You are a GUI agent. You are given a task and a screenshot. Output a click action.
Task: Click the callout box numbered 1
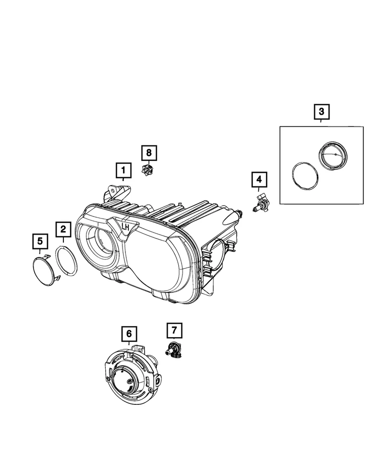pyautogui.click(x=123, y=170)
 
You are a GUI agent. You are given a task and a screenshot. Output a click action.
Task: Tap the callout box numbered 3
pyautogui.click(x=321, y=112)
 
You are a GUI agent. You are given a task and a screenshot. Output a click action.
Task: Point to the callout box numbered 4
pyautogui.click(x=259, y=180)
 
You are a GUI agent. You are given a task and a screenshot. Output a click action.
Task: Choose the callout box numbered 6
pyautogui.click(x=129, y=332)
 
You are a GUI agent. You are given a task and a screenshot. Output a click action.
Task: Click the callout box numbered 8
pyautogui.click(x=149, y=153)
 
